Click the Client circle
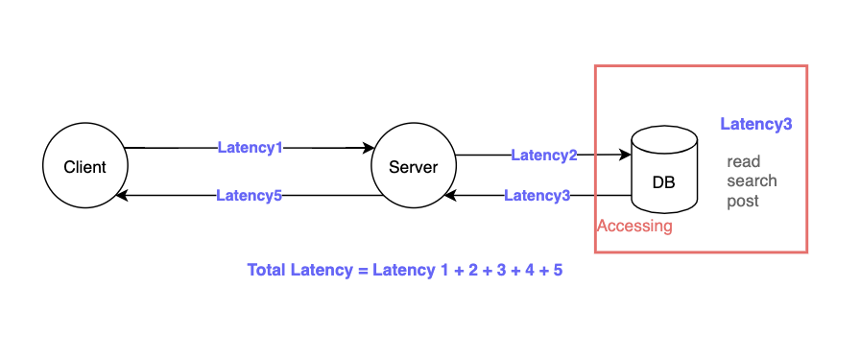tap(84, 167)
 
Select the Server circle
tap(413, 167)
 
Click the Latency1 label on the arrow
tap(250, 148)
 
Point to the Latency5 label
tap(249, 196)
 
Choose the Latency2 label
tap(543, 155)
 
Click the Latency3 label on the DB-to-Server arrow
tap(537, 196)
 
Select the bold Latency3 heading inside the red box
tap(755, 124)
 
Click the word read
tap(743, 161)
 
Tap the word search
tap(752, 180)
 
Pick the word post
tap(743, 201)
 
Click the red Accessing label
tap(633, 227)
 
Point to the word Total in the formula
tap(266, 271)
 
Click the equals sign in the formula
tap(363, 271)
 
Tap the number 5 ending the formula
tap(558, 271)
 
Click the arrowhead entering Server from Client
tap(368, 148)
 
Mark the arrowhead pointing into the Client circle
tap(121, 196)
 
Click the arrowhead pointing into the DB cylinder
tap(625, 155)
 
